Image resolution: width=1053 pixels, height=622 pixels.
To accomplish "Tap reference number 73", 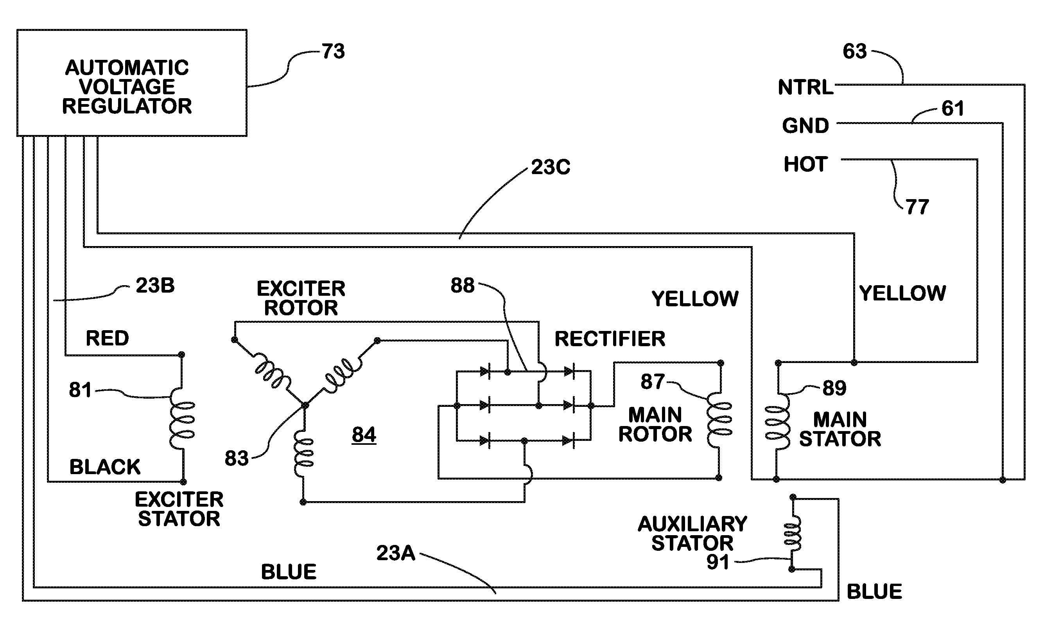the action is click(334, 52).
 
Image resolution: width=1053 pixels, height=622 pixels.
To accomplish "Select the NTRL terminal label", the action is click(805, 88).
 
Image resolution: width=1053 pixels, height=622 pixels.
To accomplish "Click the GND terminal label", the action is click(805, 126).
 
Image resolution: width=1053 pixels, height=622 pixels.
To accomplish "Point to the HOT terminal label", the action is click(805, 164).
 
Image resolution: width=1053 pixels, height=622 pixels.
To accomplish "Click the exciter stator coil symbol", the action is click(182, 420).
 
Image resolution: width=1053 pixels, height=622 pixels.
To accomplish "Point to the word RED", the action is click(107, 338).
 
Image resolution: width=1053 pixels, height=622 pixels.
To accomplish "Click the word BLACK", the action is click(105, 467).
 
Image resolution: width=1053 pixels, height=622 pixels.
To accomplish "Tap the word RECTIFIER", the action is click(610, 339).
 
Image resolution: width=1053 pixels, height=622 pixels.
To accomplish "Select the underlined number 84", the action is click(364, 435).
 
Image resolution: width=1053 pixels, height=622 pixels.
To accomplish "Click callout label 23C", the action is click(551, 167).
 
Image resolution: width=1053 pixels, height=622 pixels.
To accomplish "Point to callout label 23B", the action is click(155, 286).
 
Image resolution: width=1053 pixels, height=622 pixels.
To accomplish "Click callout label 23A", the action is click(396, 553).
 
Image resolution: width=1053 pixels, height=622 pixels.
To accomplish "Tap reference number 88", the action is click(463, 286).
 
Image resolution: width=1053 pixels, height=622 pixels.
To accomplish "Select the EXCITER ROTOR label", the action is click(301, 298).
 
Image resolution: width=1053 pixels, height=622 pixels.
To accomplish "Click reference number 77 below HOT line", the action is click(917, 207).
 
